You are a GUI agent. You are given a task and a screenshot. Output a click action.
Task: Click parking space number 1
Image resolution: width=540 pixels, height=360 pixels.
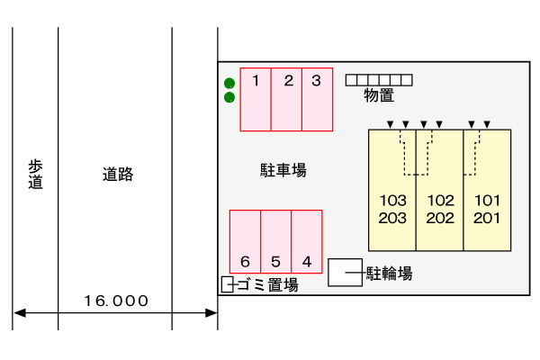point(256,99)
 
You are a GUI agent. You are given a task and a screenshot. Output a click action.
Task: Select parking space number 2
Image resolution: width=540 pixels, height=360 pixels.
point(287,99)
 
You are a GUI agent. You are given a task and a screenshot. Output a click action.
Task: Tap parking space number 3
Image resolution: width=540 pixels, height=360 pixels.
point(317,99)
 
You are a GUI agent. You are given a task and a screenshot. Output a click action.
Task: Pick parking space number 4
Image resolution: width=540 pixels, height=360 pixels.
point(307,240)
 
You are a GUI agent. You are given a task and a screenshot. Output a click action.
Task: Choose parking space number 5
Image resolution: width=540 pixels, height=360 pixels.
point(275,240)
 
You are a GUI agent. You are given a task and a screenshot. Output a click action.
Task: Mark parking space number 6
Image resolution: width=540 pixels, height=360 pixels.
point(245,240)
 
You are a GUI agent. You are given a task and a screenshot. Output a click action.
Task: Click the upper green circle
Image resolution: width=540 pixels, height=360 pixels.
point(229,83)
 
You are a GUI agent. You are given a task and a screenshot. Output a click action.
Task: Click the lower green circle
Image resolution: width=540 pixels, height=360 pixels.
point(229,97)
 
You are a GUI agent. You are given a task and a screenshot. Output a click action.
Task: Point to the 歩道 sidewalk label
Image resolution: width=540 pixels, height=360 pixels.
point(36,174)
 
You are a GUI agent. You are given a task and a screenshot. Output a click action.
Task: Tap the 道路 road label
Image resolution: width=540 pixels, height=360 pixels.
point(117,175)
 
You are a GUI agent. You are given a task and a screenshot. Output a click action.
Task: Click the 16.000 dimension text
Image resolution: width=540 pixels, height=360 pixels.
point(116,301)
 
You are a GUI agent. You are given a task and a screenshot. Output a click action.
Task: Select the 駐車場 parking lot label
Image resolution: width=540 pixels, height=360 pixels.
point(283,169)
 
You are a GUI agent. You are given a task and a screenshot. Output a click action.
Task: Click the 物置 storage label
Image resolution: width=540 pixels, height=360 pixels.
point(379,95)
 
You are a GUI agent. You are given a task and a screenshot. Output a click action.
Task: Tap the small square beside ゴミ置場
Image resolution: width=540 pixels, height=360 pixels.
point(227,285)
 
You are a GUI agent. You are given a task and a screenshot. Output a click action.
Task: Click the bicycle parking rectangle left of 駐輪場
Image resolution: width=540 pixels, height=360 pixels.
point(346,273)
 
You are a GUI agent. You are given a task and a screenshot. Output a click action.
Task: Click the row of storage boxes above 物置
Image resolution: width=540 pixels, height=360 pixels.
point(379,80)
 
